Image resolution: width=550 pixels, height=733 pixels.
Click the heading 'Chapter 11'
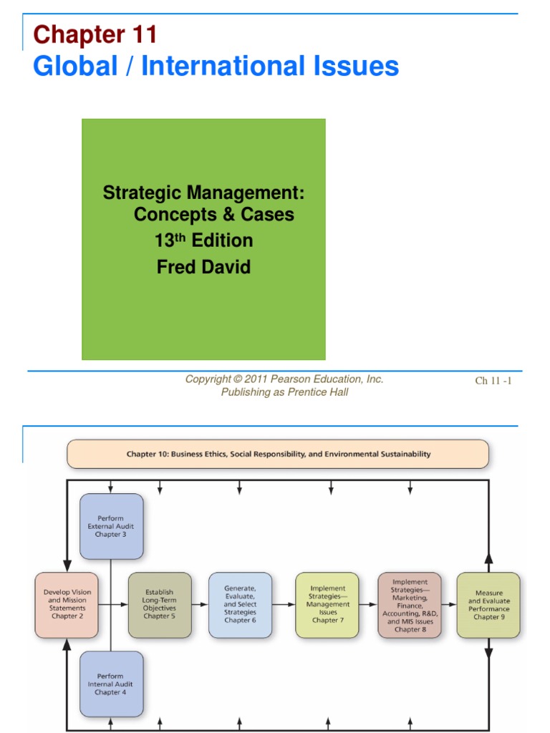[95, 34]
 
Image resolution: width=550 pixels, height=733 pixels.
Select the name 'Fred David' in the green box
[203, 267]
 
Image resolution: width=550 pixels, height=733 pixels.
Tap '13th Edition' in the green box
[203, 241]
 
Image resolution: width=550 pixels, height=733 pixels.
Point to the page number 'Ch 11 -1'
[493, 381]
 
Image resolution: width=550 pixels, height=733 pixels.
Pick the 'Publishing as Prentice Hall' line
[284, 392]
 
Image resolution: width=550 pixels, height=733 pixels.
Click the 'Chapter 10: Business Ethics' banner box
[278, 454]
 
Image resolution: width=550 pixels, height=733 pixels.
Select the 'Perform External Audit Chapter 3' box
[112, 526]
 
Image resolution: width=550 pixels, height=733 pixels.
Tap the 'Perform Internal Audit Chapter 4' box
[112, 684]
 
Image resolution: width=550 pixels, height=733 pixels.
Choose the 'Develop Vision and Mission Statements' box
[67, 605]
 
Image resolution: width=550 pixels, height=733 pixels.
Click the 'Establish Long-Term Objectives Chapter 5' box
[160, 605]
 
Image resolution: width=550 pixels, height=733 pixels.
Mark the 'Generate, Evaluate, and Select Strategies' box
[240, 605]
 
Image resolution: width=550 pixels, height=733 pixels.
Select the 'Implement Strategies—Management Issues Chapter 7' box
[327, 605]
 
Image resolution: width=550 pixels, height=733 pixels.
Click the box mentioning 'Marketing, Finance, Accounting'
[410, 605]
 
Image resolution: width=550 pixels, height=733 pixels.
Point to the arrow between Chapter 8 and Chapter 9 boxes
[449, 605]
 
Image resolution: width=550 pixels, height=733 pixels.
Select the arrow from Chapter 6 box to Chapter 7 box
[284, 605]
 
